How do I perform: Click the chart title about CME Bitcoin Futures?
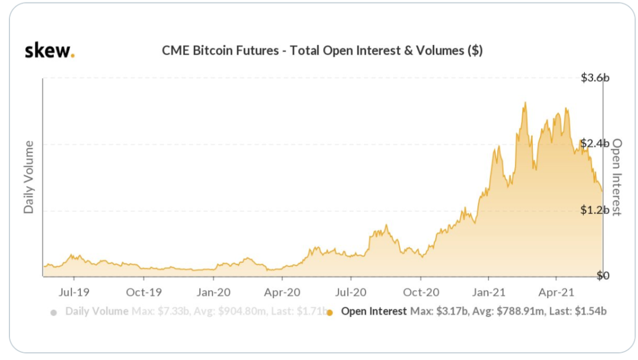coord(322,51)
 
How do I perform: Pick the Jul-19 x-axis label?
coord(74,291)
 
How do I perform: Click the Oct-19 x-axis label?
coord(144,291)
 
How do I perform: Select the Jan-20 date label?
coord(213,291)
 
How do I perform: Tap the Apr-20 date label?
coord(282,291)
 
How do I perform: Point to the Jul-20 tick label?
coord(351,291)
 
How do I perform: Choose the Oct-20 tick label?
coord(421,291)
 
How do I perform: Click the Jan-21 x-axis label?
coord(490,291)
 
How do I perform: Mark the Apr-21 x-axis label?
coord(558,291)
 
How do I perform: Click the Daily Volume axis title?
coord(28,177)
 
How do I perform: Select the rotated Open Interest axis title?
coord(617,177)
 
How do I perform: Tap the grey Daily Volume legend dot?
coord(54,312)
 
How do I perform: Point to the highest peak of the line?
coord(525,103)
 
